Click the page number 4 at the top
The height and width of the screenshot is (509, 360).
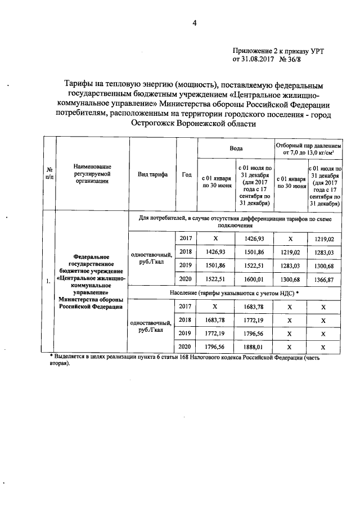pyautogui.click(x=195, y=23)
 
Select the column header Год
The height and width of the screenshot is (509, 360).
pyautogui.click(x=187, y=174)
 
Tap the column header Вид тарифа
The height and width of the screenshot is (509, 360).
pyautogui.click(x=152, y=174)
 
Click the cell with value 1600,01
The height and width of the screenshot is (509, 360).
pyautogui.click(x=253, y=280)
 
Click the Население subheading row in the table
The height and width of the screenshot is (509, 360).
pyautogui.click(x=234, y=293)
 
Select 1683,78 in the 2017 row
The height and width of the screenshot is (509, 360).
pyautogui.click(x=253, y=307)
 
